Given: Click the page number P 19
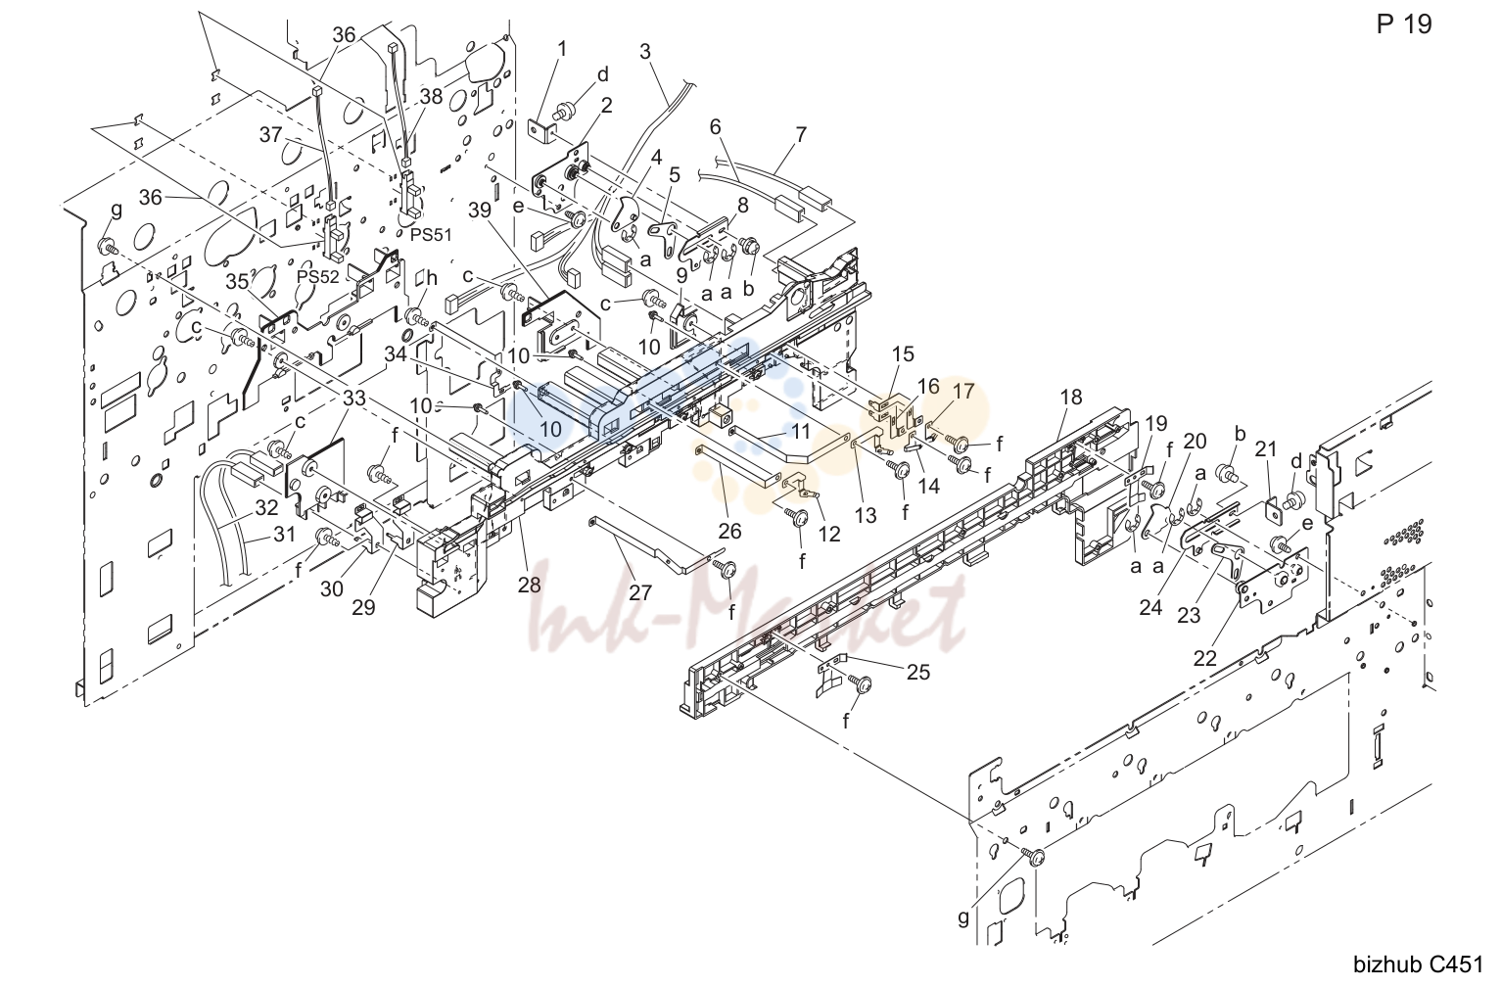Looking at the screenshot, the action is point(1404,24).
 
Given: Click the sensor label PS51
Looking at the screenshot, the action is point(431,235).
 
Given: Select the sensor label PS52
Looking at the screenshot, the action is point(318,277).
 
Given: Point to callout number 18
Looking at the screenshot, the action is point(1071,397).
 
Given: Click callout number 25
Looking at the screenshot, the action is point(918,672).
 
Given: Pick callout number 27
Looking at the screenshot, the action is point(640,593).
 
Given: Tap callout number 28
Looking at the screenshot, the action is point(529,585).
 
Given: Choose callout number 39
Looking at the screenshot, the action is point(480,211).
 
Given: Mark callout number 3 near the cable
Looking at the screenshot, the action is point(644,52).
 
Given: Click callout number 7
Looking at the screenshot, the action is point(802,135).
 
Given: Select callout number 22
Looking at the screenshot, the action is point(1204,658).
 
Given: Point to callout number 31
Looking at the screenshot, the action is point(285,534).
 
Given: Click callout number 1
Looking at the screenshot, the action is point(562,49).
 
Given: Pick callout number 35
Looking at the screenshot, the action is point(237,281).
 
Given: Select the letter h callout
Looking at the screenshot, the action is point(432,277).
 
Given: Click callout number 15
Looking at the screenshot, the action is point(904,353).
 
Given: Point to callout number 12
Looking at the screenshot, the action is point(829,534).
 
